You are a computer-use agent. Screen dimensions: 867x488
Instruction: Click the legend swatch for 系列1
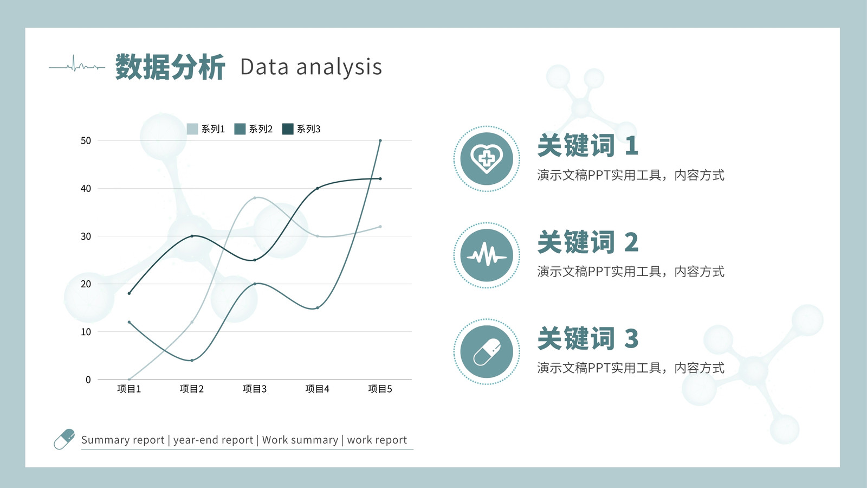click(x=192, y=129)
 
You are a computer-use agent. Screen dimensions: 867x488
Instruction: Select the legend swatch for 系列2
click(x=240, y=129)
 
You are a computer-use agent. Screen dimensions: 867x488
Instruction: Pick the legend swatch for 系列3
click(x=288, y=129)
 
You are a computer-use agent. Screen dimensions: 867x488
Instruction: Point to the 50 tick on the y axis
click(x=86, y=140)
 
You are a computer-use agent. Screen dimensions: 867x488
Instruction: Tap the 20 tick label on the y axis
click(x=86, y=284)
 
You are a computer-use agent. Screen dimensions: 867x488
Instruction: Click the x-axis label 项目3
click(x=255, y=389)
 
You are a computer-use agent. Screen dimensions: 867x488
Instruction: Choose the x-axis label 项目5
click(x=380, y=389)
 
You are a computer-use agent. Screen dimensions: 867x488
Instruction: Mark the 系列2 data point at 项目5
click(x=380, y=140)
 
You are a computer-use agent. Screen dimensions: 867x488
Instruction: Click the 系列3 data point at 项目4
click(x=318, y=188)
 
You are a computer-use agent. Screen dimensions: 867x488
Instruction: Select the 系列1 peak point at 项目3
click(x=255, y=198)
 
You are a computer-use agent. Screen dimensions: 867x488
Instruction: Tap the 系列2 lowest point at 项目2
click(x=192, y=360)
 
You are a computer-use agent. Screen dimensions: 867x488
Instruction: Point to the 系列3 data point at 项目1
click(x=130, y=293)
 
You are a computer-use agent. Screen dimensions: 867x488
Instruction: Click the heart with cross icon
click(x=487, y=158)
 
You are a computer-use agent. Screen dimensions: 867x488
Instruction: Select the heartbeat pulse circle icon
click(x=487, y=255)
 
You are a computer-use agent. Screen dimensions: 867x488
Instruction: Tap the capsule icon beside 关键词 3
click(x=487, y=352)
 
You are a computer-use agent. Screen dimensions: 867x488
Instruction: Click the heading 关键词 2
click(x=588, y=242)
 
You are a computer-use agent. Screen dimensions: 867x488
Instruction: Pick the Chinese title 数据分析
click(x=170, y=67)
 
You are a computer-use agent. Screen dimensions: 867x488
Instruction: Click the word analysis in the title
click(x=339, y=67)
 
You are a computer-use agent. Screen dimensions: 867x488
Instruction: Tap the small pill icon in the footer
click(x=64, y=439)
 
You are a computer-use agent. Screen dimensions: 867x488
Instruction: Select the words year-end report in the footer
click(x=213, y=440)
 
